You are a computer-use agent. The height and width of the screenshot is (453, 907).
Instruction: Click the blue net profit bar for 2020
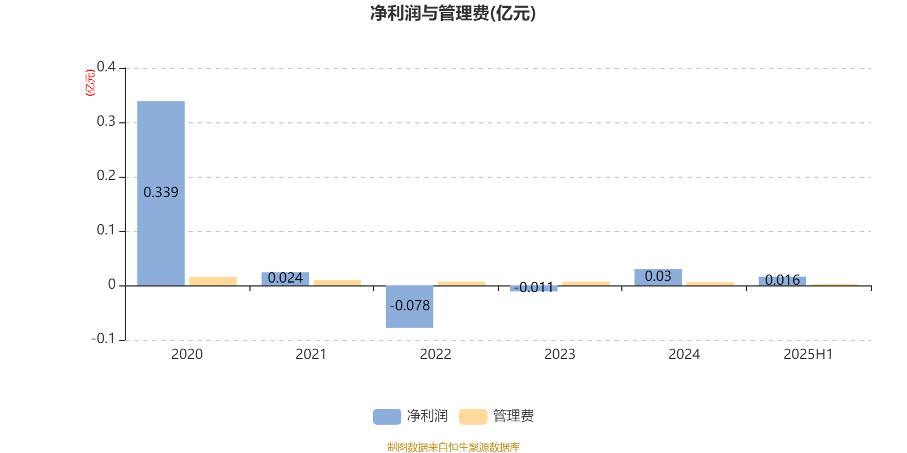click(161, 193)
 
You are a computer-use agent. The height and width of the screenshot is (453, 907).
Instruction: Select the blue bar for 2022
click(409, 306)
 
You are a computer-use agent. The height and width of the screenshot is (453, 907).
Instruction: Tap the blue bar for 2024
click(658, 277)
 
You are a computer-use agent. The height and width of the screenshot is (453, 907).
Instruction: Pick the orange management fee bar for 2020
click(213, 281)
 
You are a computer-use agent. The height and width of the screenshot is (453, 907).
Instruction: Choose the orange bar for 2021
click(337, 283)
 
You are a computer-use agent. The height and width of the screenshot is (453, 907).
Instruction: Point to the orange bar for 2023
click(586, 284)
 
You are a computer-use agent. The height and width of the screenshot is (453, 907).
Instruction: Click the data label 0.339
click(161, 192)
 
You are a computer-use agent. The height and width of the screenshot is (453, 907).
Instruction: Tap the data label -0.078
click(409, 305)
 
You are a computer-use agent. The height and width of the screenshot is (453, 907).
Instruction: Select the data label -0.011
click(533, 287)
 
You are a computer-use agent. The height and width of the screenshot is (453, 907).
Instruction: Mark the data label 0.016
click(782, 280)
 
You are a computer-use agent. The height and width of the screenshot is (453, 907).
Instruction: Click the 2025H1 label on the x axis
click(808, 354)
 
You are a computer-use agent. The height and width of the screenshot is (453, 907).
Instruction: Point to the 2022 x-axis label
click(435, 354)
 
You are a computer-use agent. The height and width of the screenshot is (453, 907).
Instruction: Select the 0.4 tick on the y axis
click(106, 67)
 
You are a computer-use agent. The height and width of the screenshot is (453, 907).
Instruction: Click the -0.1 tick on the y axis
click(104, 339)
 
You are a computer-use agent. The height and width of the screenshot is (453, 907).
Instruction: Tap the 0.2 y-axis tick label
click(106, 176)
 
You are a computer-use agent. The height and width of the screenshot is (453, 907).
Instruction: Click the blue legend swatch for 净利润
click(387, 417)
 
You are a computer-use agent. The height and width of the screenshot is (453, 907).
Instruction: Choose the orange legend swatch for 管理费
click(473, 417)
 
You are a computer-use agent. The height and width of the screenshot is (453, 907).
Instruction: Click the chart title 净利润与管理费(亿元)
click(453, 14)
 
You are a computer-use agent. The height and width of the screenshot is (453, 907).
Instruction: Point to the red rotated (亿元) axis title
click(90, 83)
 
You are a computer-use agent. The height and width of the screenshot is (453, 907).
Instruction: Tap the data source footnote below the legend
click(453, 447)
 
